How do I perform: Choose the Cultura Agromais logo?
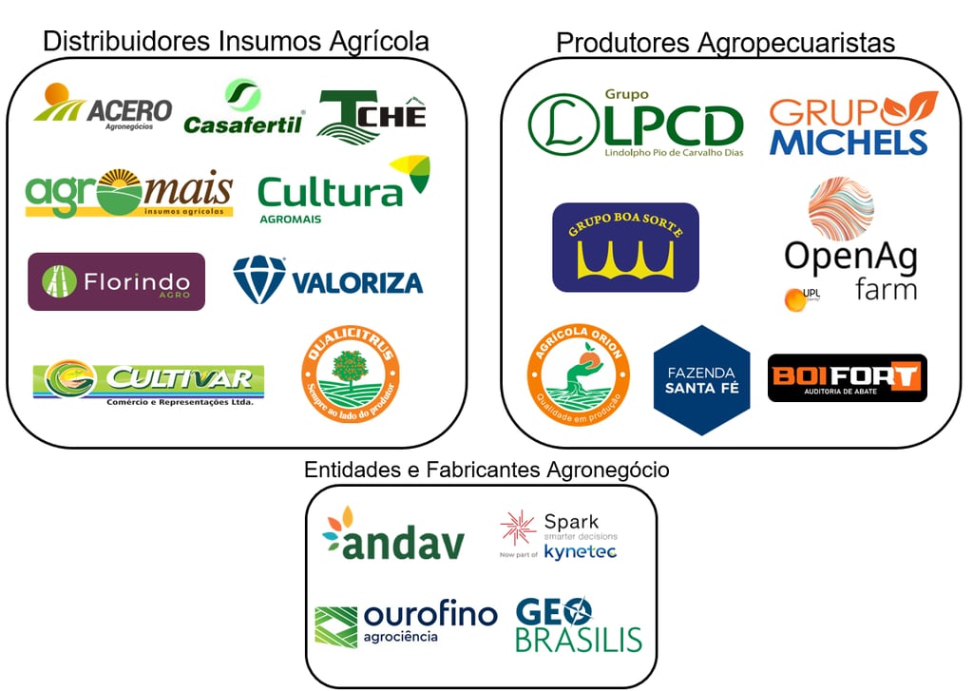tap(343, 190)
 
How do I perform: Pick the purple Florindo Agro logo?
tap(116, 281)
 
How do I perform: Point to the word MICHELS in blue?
tap(848, 141)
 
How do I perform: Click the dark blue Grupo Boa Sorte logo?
tap(625, 247)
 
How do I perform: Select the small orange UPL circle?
tap(794, 299)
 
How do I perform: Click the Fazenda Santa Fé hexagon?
tap(701, 379)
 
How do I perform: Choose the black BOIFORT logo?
tap(847, 377)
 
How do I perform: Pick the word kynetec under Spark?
tap(581, 552)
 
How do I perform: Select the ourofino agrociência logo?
tap(406, 624)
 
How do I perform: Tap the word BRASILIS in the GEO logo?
tap(579, 639)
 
